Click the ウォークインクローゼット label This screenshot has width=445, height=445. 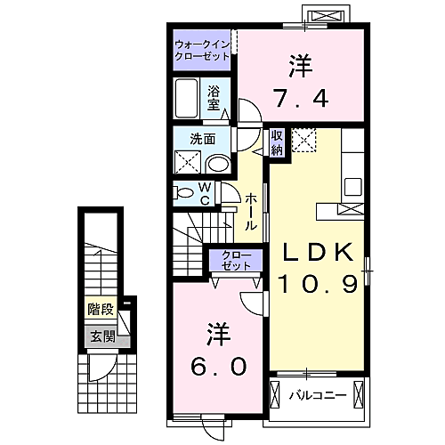[x=202, y=51]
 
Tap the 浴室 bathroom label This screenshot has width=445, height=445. [x=214, y=98]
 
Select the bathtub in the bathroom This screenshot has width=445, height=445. [x=186, y=98]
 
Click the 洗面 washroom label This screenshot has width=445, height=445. [x=203, y=139]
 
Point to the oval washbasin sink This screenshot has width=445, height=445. [x=218, y=164]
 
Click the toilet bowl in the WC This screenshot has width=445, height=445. [x=184, y=193]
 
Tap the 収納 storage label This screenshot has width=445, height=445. [x=277, y=143]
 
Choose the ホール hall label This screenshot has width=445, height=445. [x=251, y=212]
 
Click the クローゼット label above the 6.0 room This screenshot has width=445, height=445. [x=236, y=260]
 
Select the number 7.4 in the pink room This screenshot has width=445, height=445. [x=301, y=98]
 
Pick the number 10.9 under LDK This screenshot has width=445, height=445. [x=318, y=284]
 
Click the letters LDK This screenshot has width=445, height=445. [x=319, y=252]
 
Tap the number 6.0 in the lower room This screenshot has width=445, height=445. [x=219, y=366]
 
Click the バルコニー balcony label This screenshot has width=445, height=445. [x=318, y=395]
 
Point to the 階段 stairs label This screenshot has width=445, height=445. [x=101, y=310]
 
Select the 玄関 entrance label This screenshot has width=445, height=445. [x=102, y=336]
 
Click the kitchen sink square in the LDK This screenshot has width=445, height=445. [x=352, y=187]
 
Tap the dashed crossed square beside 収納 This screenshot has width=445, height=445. [x=303, y=140]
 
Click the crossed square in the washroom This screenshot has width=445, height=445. [x=188, y=162]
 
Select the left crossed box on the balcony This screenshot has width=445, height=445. [x=275, y=395]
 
